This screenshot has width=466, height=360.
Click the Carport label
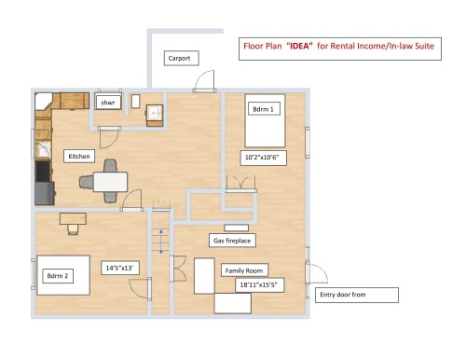coord(178,58)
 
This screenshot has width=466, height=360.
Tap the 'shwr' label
coord(107,103)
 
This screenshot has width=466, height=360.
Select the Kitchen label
coord(79,156)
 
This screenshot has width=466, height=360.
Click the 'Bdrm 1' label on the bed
coord(264,109)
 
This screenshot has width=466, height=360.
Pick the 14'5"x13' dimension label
coord(120,269)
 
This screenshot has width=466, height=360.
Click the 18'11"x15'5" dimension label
coord(258,284)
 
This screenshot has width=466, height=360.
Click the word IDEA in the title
coord(300,44)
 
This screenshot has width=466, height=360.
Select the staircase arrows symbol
coord(160,240)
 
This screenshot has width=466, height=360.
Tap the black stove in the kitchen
coord(43,172)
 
